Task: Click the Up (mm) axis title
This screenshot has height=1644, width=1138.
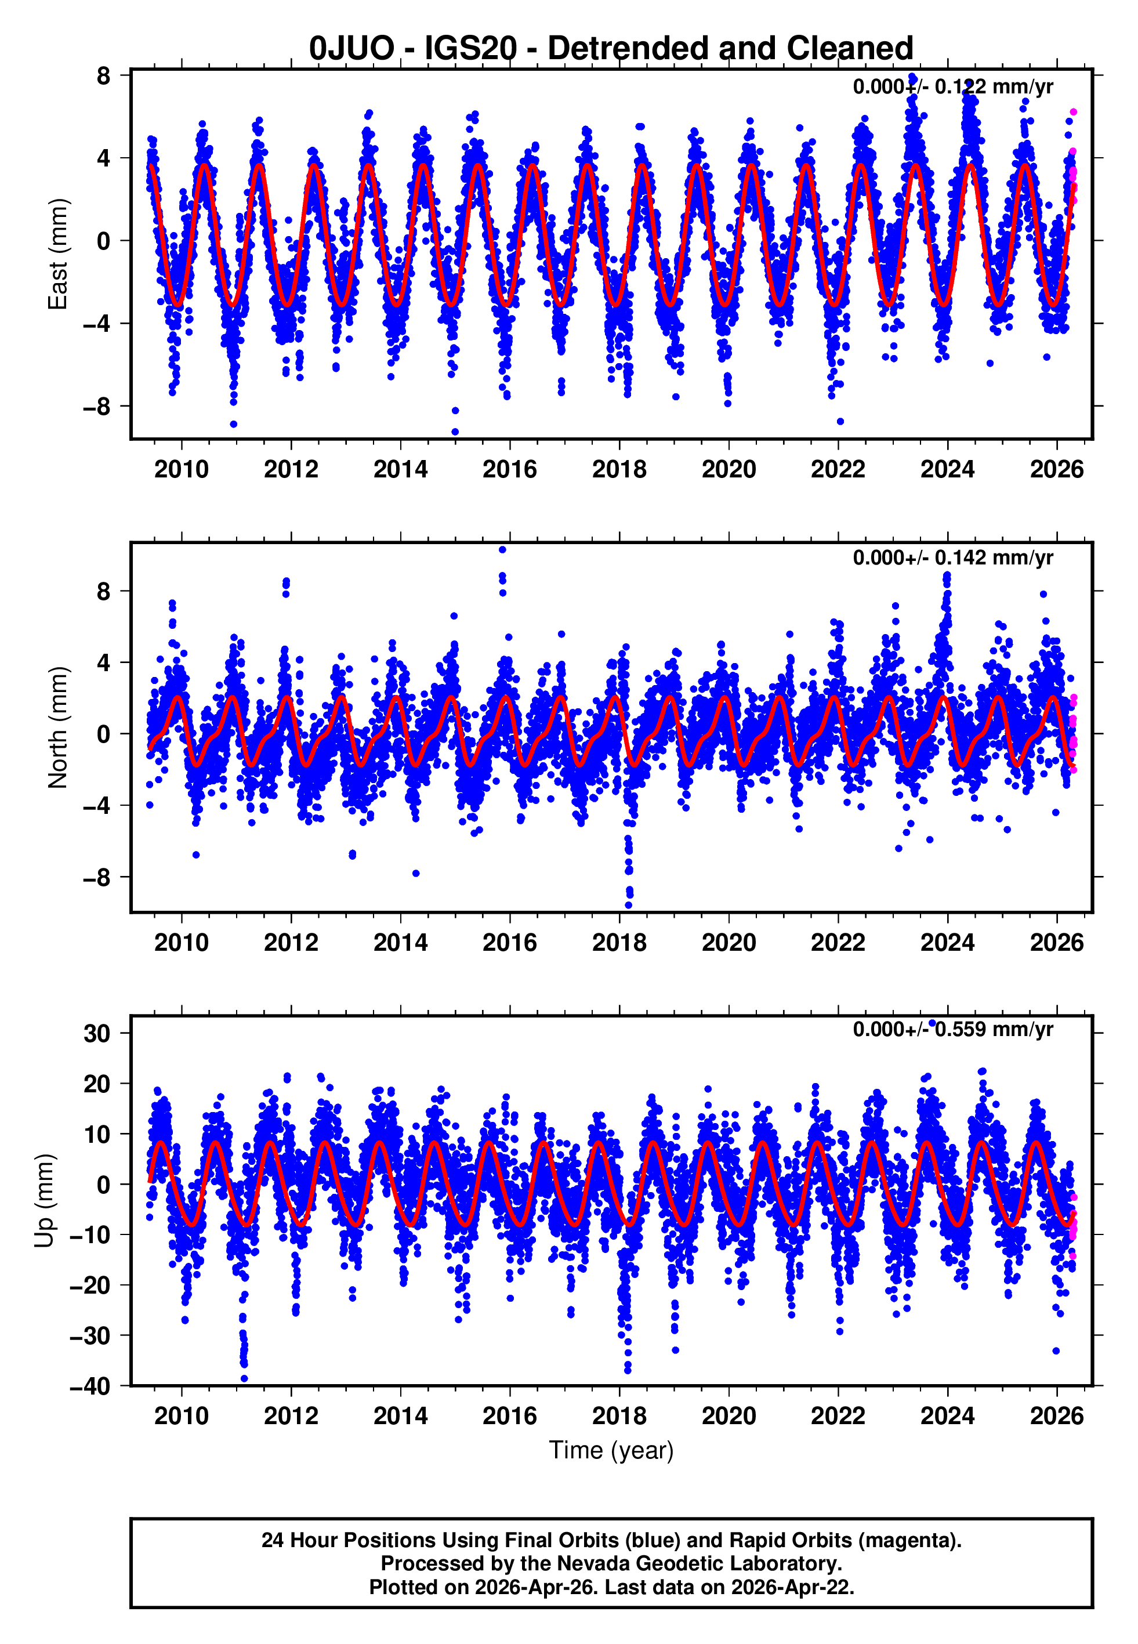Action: (x=44, y=1201)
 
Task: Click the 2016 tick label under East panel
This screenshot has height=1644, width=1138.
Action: (x=509, y=470)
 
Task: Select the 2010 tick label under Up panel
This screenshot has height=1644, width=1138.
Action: (x=181, y=1416)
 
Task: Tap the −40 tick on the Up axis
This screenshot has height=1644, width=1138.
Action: (x=90, y=1386)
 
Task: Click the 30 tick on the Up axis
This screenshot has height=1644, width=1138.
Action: (x=97, y=1034)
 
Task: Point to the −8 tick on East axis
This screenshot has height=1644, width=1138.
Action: (x=97, y=407)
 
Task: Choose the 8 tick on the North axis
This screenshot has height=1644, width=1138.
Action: (x=103, y=591)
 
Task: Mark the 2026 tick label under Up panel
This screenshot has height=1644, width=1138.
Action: (x=1056, y=1416)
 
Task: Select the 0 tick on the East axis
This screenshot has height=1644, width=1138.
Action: (x=103, y=241)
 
